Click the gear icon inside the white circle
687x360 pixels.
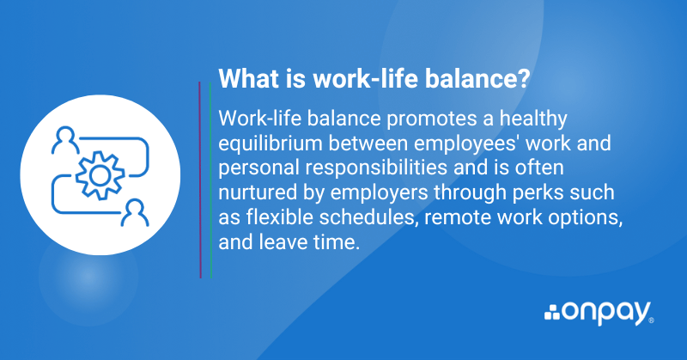coord(100,175)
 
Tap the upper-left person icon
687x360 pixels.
coord(65,140)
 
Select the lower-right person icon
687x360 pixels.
coord(135,213)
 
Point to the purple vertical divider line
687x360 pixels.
coord(200,180)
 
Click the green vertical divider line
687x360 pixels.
coord(210,180)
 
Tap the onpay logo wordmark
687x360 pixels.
coord(607,313)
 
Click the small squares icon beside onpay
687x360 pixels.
coord(552,313)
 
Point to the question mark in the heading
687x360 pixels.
coord(524,79)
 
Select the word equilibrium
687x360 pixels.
coord(270,144)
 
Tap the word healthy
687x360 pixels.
coord(533,119)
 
